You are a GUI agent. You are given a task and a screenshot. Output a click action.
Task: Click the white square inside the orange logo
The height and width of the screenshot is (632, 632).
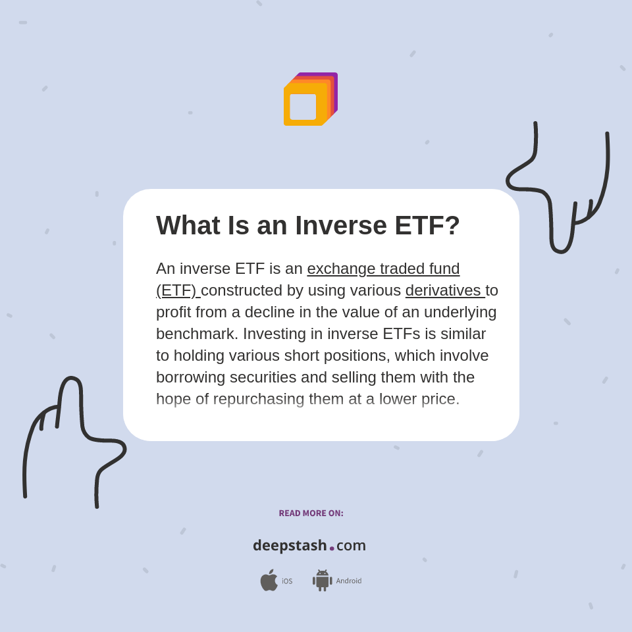(303, 107)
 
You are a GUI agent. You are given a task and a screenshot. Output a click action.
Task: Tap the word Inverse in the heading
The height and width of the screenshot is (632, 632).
(340, 226)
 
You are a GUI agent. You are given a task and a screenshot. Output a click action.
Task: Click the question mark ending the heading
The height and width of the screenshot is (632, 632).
(453, 226)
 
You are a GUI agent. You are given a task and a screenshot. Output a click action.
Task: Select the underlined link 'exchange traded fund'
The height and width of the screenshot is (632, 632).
(383, 269)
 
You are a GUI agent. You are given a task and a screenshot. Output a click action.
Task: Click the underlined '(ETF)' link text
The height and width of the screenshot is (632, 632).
(176, 290)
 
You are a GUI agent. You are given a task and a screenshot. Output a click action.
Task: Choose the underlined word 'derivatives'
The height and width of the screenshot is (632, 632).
(443, 290)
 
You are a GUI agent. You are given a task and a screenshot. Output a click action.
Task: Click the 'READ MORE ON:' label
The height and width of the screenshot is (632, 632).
(311, 513)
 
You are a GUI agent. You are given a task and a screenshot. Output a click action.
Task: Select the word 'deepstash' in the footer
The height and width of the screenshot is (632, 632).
(290, 545)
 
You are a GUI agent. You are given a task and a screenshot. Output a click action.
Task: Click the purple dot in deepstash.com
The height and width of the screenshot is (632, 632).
(332, 548)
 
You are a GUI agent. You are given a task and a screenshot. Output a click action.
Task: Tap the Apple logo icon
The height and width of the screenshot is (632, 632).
(269, 580)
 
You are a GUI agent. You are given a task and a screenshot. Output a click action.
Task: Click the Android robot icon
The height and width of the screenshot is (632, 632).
(322, 580)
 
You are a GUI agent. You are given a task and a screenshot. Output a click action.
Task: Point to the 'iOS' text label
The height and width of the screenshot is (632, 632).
(287, 581)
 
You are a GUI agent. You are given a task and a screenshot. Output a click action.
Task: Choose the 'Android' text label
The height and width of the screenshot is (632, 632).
(349, 581)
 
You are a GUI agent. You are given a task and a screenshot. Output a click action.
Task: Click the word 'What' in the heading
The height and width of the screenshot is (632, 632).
(188, 226)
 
